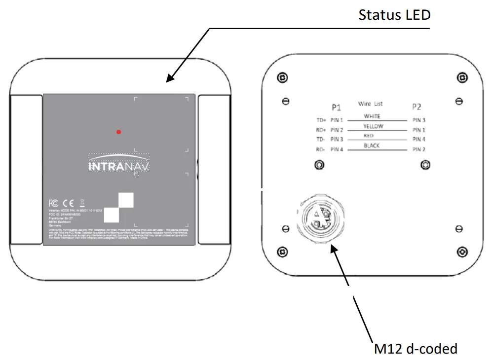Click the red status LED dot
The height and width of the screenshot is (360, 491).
coord(119,132)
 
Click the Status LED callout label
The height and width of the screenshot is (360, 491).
coord(394,15)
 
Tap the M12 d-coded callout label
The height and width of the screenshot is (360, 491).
coord(415,349)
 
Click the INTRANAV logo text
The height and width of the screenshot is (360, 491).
coord(118,167)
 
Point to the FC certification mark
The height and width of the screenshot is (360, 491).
coord(53,203)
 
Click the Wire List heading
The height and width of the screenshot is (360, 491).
coord(370,104)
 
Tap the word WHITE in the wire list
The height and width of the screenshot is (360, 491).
coord(372,116)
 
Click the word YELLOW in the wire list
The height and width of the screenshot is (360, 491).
coord(373,126)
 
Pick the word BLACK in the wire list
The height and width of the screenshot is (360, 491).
coord(372,146)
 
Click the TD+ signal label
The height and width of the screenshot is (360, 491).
coord(321,120)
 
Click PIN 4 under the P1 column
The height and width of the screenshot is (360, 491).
coord(337,149)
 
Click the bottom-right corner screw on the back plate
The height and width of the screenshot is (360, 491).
coord(462,252)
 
